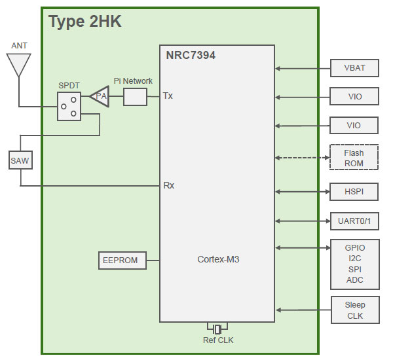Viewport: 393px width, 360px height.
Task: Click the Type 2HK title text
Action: point(85,22)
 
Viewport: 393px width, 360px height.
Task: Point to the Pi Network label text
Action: point(133,81)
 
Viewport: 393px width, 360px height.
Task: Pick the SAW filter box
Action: point(20,160)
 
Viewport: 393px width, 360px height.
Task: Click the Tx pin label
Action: point(168,96)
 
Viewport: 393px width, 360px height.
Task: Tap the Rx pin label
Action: point(168,185)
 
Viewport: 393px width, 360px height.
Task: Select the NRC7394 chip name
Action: point(191,56)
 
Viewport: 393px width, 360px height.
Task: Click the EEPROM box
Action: point(121,260)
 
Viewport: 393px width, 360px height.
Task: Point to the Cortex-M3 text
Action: point(218,259)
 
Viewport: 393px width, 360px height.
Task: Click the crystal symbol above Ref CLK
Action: point(217,328)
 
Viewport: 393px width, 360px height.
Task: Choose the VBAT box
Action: point(354,68)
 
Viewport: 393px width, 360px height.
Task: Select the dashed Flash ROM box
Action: point(354,158)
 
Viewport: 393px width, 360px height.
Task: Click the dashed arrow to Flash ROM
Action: point(302,158)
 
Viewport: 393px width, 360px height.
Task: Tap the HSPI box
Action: point(354,192)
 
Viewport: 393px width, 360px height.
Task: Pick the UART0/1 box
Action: point(354,221)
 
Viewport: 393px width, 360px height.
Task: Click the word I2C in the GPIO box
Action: point(354,259)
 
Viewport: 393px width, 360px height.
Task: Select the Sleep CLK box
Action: point(354,310)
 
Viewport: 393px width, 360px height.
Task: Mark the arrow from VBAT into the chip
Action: point(302,68)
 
